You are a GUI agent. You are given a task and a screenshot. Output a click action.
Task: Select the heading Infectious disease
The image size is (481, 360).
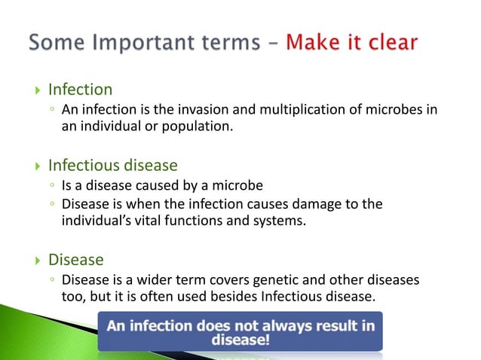112,165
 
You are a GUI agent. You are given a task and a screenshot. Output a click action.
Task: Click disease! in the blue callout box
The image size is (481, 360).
240,340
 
